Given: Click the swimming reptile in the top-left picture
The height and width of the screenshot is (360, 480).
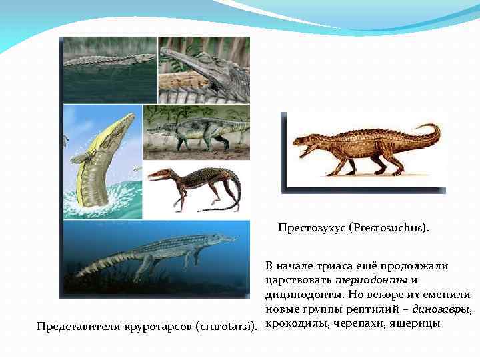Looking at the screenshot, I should click(107, 60).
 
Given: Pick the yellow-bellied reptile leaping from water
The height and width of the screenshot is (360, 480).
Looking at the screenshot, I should click(100, 160).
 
